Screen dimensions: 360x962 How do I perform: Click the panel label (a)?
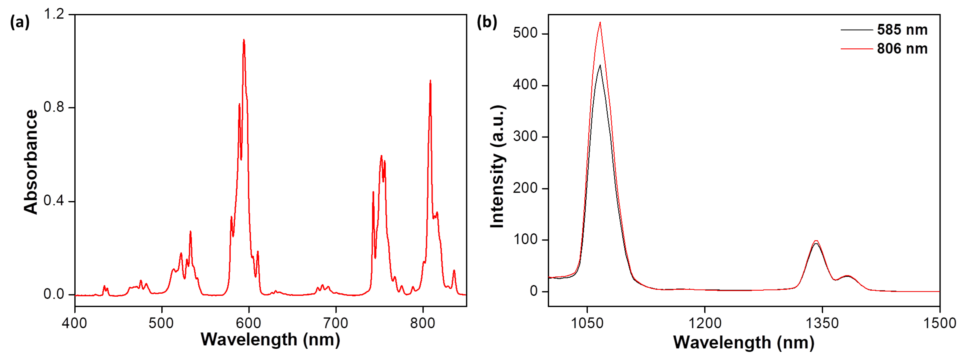(19, 22)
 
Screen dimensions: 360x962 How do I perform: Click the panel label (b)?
(487, 22)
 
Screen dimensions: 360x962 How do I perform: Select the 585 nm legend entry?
(902, 30)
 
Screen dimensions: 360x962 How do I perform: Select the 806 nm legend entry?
(902, 48)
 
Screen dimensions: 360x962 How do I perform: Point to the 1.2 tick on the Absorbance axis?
(54, 14)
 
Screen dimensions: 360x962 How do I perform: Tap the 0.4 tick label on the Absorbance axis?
(54, 200)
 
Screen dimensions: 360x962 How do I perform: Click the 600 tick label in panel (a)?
(248, 323)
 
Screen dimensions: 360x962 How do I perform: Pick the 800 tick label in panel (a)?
(422, 323)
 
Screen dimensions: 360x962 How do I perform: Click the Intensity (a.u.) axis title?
(497, 166)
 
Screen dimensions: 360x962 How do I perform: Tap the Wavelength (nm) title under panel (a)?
(270, 339)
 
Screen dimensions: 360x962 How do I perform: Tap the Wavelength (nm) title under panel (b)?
(744, 342)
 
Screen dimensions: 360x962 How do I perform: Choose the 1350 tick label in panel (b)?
(822, 323)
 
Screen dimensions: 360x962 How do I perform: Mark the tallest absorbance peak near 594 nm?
(244, 40)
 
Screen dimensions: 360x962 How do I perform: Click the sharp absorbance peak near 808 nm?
(430, 81)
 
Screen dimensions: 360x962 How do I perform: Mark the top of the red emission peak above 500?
(600, 23)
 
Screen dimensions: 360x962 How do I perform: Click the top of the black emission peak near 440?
(600, 65)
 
